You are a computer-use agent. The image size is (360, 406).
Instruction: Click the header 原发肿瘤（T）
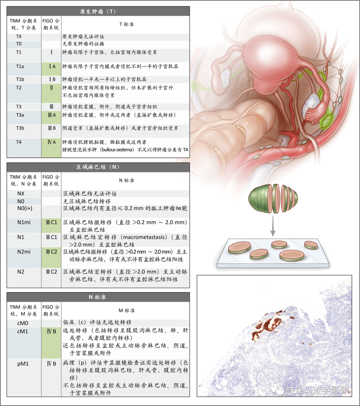coord(98,12)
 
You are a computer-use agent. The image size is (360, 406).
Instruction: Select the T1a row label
coord(20,66)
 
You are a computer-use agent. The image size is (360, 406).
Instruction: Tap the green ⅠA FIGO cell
coord(51,69)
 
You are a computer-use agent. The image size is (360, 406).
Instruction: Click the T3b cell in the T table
coord(20,128)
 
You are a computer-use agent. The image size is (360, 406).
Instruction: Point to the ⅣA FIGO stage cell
coord(51,147)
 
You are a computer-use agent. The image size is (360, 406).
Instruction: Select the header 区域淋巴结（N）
coord(98,167)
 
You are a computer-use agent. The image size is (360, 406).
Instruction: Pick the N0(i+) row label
coord(25,208)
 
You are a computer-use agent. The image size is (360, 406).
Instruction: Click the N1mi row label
coord(24,222)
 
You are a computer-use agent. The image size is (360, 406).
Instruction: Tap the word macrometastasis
coord(144,237)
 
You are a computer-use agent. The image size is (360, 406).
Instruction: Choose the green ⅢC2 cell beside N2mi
coord(51,258)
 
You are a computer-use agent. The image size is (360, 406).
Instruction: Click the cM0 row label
coord(23,323)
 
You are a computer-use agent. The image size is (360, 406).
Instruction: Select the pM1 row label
coord(23,364)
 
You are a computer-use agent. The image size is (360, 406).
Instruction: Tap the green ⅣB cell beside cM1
coord(51,343)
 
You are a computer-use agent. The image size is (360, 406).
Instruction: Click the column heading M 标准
coord(127,310)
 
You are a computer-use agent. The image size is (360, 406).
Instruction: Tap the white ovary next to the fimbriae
coord(311,103)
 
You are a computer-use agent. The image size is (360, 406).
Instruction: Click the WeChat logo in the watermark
coord(277,389)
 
